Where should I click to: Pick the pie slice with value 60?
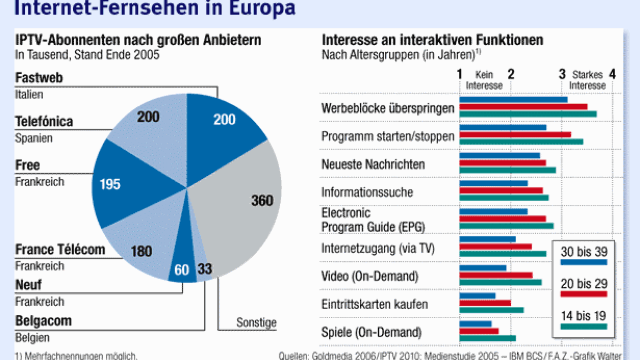182,268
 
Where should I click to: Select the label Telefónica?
44,122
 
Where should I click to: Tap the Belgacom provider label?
43,321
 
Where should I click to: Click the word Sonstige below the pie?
257,323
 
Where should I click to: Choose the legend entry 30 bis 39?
583,252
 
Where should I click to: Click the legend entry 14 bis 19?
583,316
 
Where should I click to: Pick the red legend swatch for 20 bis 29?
583,294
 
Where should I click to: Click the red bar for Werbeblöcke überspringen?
523,107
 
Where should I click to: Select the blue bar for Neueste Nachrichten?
500,155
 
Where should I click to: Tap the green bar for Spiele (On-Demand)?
488,338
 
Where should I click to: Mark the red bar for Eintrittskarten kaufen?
485,303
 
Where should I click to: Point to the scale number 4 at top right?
612,74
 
